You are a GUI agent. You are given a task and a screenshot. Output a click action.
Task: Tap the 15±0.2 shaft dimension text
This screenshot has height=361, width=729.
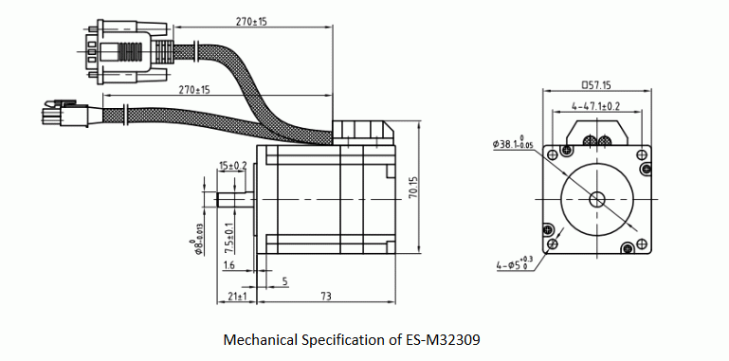pos(232,165)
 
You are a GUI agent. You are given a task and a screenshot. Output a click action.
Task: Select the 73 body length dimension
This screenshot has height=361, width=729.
pos(325,297)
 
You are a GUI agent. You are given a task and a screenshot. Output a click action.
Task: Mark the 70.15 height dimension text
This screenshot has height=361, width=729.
pos(413,186)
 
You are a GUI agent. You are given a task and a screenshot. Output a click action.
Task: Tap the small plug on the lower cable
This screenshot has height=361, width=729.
pos(57,116)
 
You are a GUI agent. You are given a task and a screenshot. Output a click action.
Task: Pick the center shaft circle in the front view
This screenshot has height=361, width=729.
pos(596,199)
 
